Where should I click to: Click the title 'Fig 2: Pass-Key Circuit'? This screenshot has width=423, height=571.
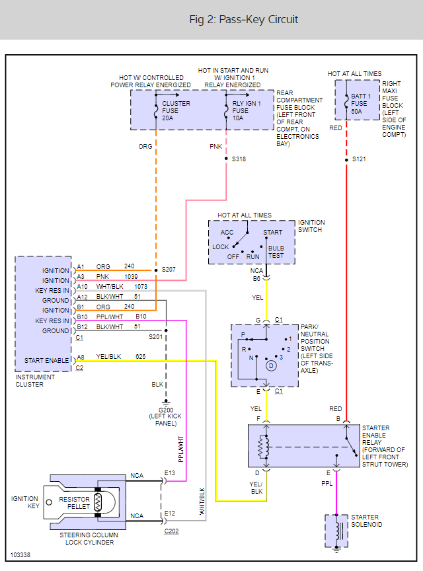click(243, 20)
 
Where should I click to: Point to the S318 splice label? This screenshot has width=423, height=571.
click(238, 159)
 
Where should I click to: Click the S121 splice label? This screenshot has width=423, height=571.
click(359, 159)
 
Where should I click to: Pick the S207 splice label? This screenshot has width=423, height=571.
click(169, 270)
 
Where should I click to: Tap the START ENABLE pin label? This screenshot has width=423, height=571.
click(47, 361)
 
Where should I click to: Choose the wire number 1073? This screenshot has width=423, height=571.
click(141, 287)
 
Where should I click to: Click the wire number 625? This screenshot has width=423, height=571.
click(140, 357)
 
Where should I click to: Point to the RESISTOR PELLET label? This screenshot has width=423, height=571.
click(75, 504)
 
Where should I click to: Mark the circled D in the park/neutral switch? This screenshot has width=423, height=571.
click(270, 365)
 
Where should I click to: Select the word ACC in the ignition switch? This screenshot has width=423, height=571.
click(227, 233)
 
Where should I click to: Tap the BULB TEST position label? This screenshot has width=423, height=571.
click(276, 252)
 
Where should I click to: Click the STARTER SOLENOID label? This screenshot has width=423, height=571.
click(366, 521)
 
